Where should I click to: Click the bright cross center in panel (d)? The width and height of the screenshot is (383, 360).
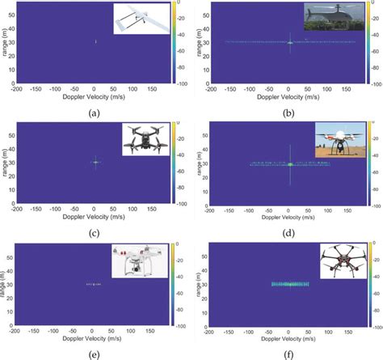click(289, 164)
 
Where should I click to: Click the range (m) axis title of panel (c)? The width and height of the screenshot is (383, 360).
click(4, 161)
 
